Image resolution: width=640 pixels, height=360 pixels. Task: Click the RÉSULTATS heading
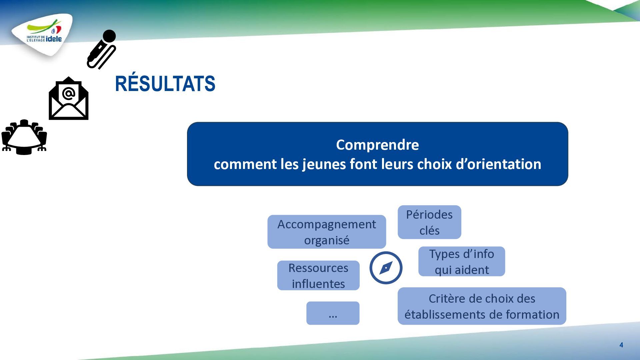coord(165,83)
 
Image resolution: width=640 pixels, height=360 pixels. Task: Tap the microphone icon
coord(102,49)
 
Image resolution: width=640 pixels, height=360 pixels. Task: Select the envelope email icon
coord(69,98)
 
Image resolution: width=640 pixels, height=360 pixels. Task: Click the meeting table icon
coord(24,137)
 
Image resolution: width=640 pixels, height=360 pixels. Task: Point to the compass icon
coord(386,268)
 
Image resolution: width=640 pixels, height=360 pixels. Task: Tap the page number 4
coord(621,345)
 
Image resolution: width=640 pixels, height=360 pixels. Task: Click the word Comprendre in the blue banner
coord(377,145)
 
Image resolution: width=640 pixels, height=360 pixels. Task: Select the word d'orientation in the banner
coord(498,164)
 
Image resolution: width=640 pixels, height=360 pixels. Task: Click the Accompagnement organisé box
coord(327,232)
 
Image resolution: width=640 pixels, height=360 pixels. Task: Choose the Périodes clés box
coord(429,222)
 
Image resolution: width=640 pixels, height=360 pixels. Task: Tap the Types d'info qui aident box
coord(462,261)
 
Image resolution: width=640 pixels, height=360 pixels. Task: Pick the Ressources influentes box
coord(318,275)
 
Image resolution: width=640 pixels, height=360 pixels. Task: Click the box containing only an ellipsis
coord(333,313)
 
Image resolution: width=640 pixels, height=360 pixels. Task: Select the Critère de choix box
coord(482,306)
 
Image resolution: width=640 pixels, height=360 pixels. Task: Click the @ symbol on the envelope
coord(68,94)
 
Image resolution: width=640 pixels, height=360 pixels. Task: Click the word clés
coord(429,230)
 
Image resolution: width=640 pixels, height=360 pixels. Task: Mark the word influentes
coord(318,284)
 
